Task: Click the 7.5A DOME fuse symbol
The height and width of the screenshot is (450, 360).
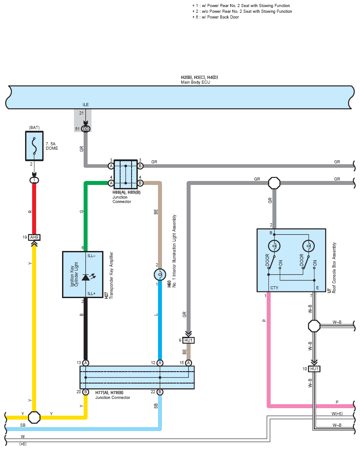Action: point(34,146)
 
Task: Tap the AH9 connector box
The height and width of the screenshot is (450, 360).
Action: point(34,237)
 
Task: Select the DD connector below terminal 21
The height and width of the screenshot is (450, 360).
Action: point(85,129)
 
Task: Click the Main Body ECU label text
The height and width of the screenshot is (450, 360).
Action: point(195,82)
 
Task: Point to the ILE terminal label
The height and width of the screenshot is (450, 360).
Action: point(85,105)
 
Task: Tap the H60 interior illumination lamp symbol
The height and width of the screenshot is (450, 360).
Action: point(160,275)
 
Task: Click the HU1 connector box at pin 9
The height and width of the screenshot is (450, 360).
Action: point(188,340)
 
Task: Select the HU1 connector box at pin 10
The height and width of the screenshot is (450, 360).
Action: point(314,369)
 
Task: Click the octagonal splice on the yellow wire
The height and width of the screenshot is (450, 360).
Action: point(34,417)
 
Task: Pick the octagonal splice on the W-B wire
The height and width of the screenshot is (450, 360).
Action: point(314,326)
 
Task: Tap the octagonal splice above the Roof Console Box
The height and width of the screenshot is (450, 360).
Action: point(274,183)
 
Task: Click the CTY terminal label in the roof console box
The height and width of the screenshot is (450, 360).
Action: point(274,288)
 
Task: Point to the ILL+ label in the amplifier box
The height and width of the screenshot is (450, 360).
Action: point(92,294)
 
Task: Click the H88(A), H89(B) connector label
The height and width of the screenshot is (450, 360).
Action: point(126,192)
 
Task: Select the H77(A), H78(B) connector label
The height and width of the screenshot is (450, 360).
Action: point(109,393)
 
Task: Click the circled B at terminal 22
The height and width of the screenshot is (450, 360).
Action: point(160,392)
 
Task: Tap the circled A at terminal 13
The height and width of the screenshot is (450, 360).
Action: point(85,363)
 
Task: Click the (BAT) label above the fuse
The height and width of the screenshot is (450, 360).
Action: point(34,128)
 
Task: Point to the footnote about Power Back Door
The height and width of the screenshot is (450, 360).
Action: point(216,17)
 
